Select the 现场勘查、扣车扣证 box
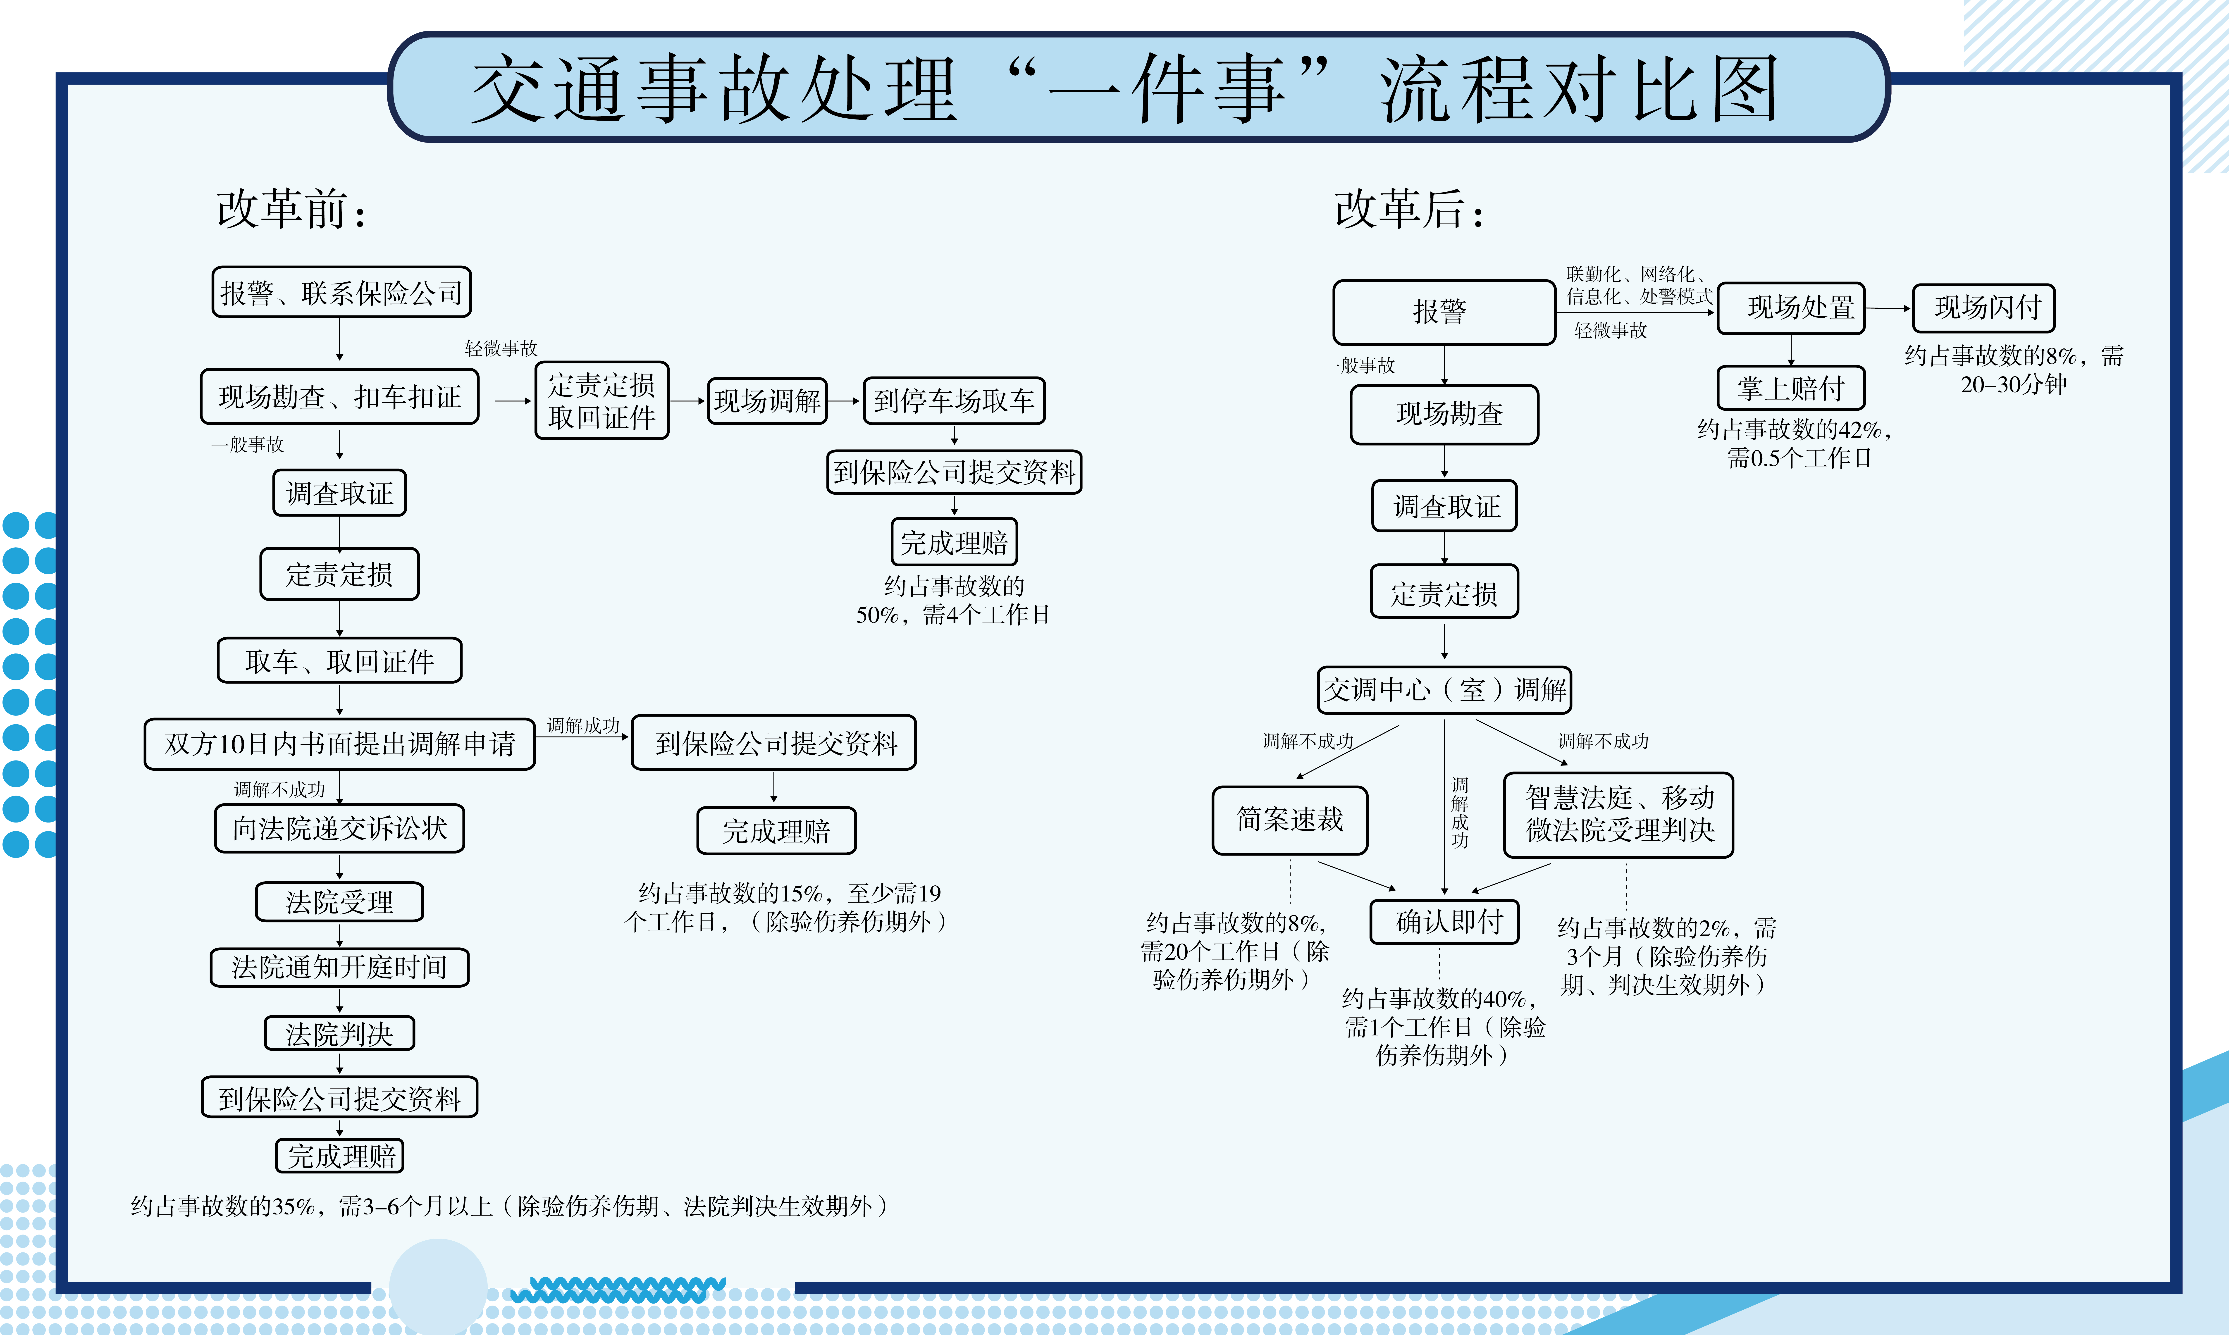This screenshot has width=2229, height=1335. pos(340,397)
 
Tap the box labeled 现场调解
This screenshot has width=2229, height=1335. pos(767,400)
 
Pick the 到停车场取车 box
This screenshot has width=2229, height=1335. pos(954,400)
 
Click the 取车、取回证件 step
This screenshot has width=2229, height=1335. pos(340,661)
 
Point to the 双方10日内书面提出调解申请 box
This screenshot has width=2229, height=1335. pos(340,743)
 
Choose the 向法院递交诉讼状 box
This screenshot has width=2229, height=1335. pos(340,828)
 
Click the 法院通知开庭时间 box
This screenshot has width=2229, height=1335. pos(340,967)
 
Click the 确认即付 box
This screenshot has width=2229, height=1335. pos(1445,921)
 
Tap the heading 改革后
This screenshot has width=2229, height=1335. pos(1409,209)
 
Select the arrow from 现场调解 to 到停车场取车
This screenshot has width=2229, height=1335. pos(845,400)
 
